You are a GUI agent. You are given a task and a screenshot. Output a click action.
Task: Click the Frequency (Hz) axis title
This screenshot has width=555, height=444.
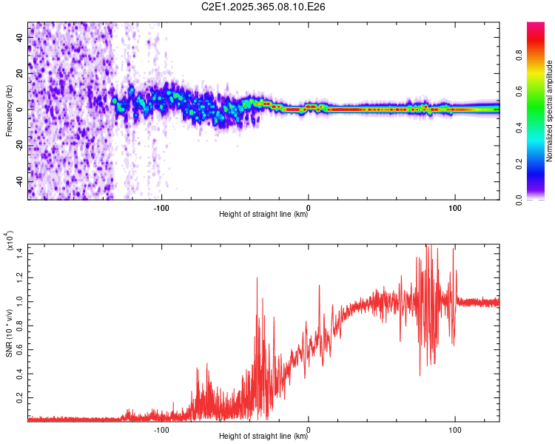(9, 110)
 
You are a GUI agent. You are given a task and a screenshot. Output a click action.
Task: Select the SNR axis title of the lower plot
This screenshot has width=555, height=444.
(9, 332)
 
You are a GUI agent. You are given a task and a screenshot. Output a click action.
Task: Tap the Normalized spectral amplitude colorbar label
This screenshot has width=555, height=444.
(550, 111)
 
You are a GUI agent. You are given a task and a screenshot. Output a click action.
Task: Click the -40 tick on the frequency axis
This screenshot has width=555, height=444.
(19, 181)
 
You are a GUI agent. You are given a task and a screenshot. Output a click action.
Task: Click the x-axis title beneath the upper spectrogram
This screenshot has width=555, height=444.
(263, 215)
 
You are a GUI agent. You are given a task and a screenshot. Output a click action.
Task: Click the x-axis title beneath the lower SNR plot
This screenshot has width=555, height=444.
(263, 437)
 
